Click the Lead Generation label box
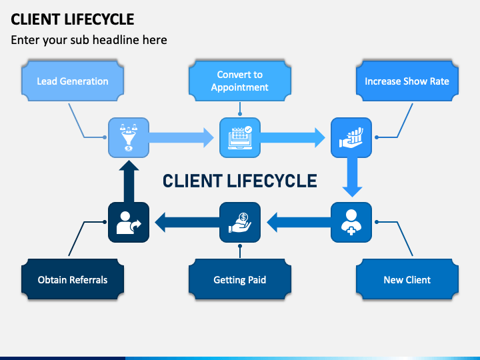[73, 81]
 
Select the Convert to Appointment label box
[240, 81]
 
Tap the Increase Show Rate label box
[407, 81]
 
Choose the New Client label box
[407, 279]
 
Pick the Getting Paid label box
[240, 279]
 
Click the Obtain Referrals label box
[73, 279]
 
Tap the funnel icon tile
[129, 138]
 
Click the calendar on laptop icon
[240, 138]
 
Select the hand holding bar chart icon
[351, 138]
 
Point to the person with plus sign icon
[351, 222]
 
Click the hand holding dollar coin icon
[240, 222]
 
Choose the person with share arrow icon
[129, 222]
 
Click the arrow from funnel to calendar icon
[181, 138]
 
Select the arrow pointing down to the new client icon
[352, 177]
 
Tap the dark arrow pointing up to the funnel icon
[129, 181]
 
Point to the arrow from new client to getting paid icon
[299, 222]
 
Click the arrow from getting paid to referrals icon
[187, 222]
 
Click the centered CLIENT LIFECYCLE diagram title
[240, 181]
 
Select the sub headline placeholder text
[89, 40]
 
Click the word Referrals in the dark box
[89, 280]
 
